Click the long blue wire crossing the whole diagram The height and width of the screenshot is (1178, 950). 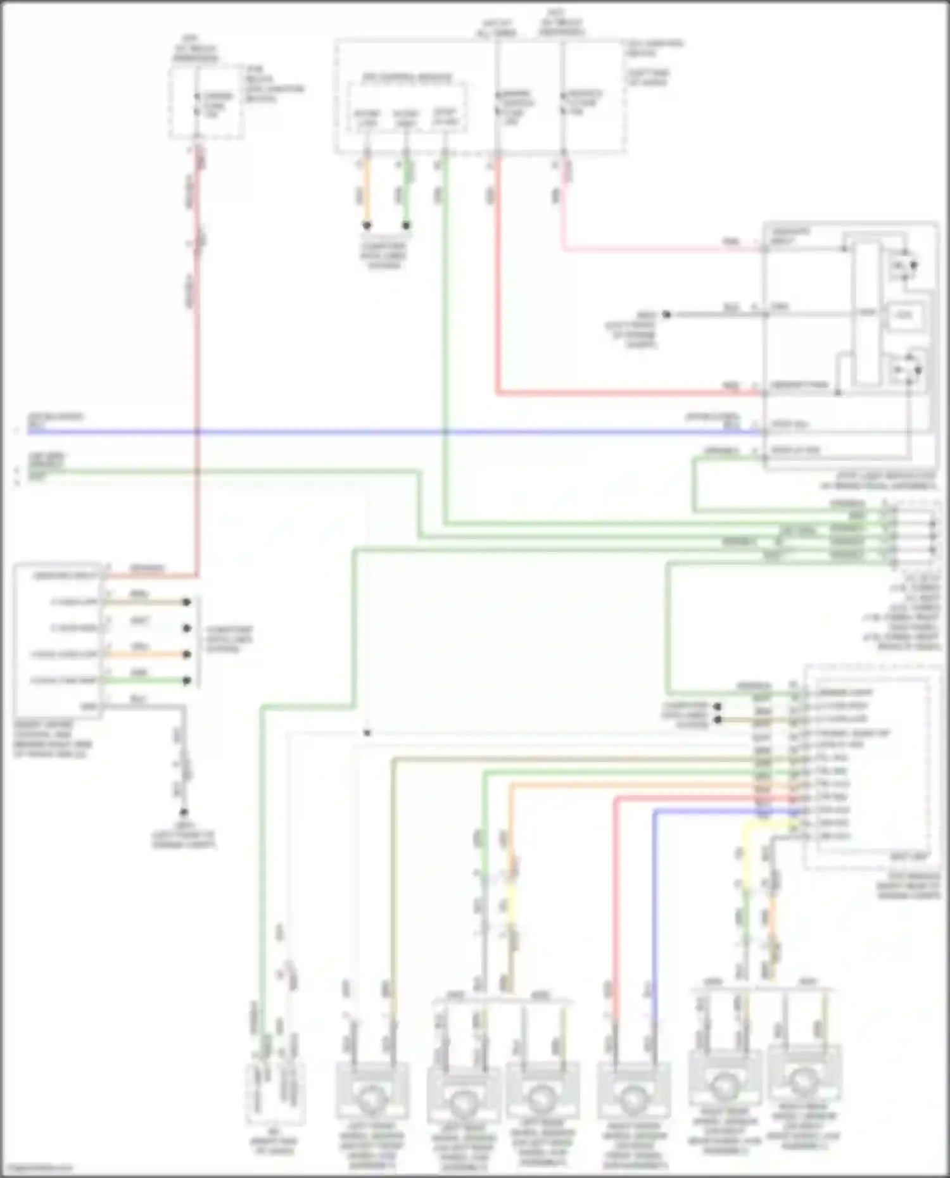click(x=380, y=432)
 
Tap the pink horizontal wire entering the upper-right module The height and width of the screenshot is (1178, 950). click(x=659, y=249)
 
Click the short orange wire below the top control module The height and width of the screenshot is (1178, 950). click(x=367, y=193)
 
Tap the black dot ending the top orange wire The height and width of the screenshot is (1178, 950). click(x=367, y=225)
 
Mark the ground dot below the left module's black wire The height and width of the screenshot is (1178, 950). click(x=184, y=812)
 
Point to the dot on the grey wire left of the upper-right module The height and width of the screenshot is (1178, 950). click(x=666, y=314)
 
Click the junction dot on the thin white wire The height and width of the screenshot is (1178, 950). click(x=367, y=733)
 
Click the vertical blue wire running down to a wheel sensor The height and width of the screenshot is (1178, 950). click(x=654, y=918)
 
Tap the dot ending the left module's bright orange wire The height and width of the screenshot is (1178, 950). click(x=187, y=655)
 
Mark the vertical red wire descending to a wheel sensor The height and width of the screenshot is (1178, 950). click(x=614, y=918)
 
